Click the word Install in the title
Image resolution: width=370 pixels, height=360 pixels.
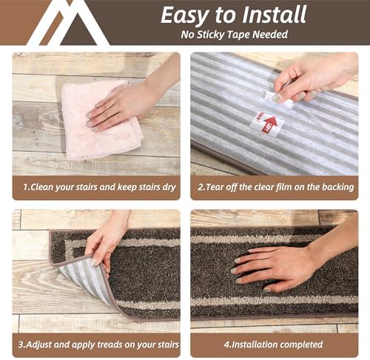[275, 15]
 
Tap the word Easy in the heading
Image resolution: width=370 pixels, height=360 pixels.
[185, 16]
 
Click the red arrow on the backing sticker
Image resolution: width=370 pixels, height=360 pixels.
[270, 125]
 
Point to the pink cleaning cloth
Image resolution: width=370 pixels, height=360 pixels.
[101, 120]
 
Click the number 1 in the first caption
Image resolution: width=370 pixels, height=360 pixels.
[25, 187]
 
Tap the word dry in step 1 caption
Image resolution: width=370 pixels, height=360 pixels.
[169, 188]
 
